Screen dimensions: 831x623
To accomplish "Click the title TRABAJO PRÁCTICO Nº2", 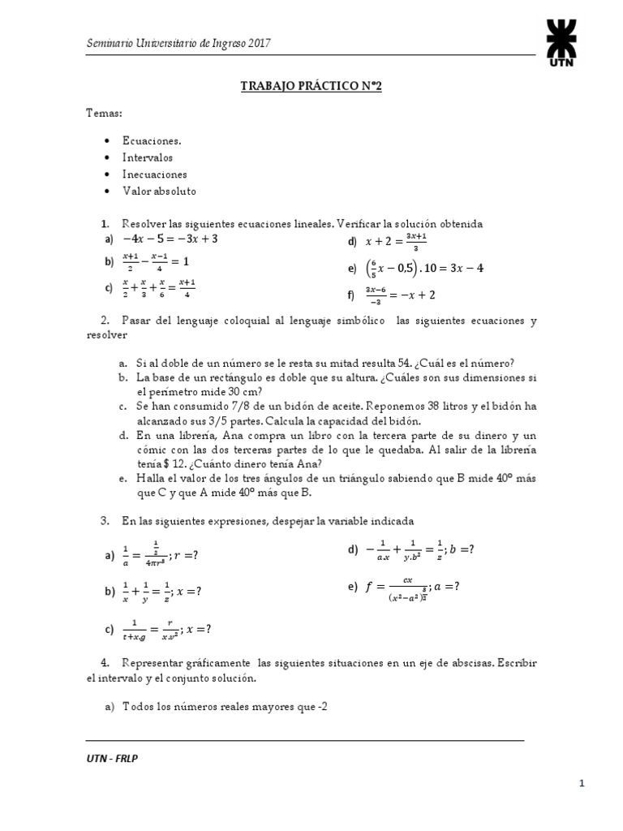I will tap(311, 86).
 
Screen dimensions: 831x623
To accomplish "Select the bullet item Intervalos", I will tap(148, 157).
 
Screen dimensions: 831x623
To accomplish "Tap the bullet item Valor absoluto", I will tap(159, 191).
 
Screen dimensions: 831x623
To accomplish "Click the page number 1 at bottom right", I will tap(582, 783).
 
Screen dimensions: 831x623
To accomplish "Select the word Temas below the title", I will tap(104, 114).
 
